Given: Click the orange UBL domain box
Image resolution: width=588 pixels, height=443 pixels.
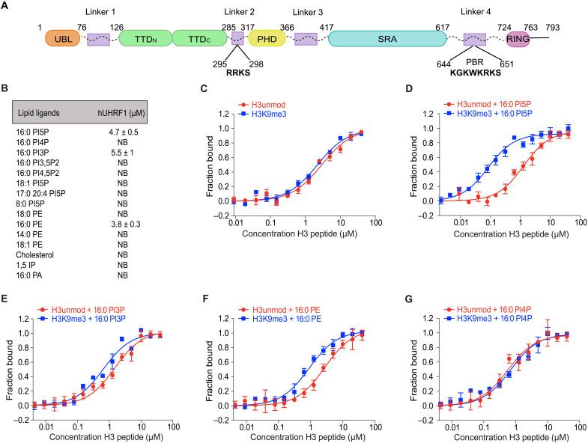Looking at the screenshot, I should (x=58, y=39).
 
